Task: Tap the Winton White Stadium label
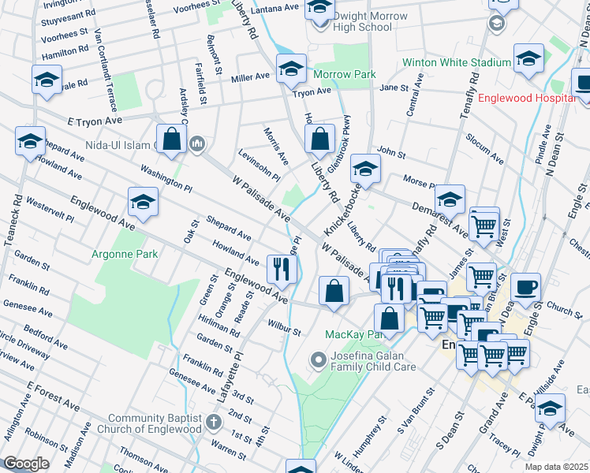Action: pyautogui.click(x=457, y=62)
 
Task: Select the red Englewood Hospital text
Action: pyautogui.click(x=528, y=98)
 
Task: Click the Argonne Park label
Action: pyautogui.click(x=125, y=254)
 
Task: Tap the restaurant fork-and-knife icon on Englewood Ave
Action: pyautogui.click(x=282, y=270)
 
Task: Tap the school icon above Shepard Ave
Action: pyautogui.click(x=143, y=202)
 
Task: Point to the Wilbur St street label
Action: pyautogui.click(x=284, y=327)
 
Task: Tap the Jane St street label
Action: pyautogui.click(x=393, y=88)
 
